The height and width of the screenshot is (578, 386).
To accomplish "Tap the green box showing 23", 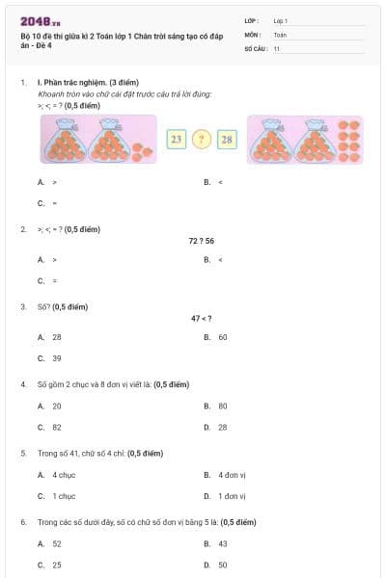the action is (x=176, y=140).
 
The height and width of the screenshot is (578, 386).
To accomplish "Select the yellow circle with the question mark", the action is (x=202, y=140).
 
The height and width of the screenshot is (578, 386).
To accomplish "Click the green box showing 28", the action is (x=227, y=140).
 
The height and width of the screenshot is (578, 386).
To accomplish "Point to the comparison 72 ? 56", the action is (x=201, y=240).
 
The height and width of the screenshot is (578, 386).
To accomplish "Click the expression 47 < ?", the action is (x=201, y=318).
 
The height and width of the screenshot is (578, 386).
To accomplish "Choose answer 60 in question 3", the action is (x=222, y=337).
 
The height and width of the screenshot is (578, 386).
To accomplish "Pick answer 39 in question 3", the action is (x=56, y=357).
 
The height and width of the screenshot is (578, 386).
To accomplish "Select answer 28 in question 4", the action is (x=222, y=427).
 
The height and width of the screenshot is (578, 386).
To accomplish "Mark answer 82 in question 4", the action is (x=56, y=427).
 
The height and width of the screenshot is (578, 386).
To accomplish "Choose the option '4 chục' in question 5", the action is (x=64, y=475).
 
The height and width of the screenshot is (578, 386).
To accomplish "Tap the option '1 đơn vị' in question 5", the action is (x=232, y=496).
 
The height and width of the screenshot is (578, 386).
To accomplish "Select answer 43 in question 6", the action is (x=222, y=544).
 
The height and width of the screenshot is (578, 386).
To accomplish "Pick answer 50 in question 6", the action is (x=222, y=565).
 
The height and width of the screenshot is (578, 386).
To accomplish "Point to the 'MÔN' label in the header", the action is (x=253, y=34).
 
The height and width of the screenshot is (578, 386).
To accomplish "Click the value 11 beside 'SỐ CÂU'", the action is (x=277, y=47).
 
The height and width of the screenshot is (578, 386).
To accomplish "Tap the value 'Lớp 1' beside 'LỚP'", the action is (x=281, y=20).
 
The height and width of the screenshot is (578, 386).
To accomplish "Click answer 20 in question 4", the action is (x=56, y=406).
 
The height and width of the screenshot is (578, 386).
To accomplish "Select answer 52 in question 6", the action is (x=56, y=544).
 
